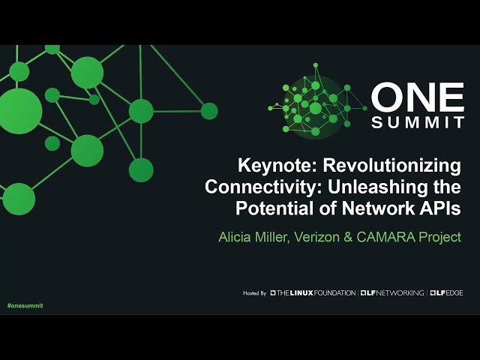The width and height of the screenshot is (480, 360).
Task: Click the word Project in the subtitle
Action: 441,238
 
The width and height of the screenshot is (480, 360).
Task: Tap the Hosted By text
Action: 255,292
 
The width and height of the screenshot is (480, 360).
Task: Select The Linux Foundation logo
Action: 313,292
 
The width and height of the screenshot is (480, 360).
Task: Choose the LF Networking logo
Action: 391,292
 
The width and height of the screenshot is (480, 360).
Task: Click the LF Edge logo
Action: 446,292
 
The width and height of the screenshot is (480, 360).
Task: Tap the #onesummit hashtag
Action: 25,307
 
